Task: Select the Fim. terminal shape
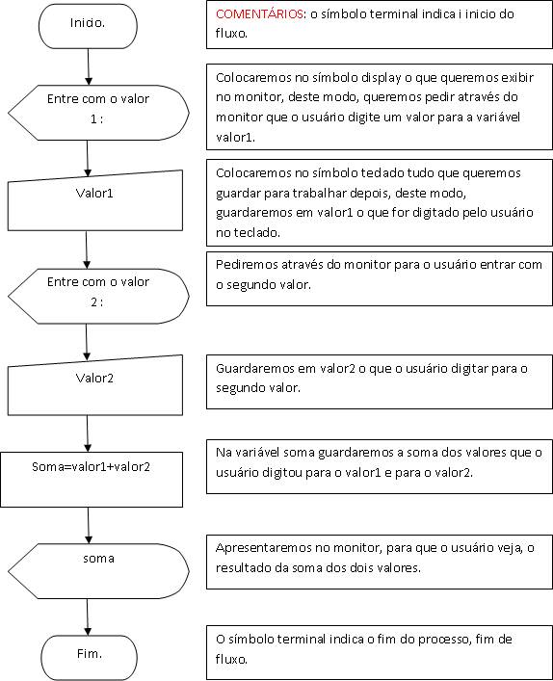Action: pyautogui.click(x=89, y=654)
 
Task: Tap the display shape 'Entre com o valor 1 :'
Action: pyautogui.click(x=96, y=110)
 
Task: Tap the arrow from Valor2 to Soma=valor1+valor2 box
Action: pyautogui.click(x=89, y=432)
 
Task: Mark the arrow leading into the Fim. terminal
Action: pyautogui.click(x=89, y=614)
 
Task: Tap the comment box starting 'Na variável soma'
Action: pyautogui.click(x=378, y=468)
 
